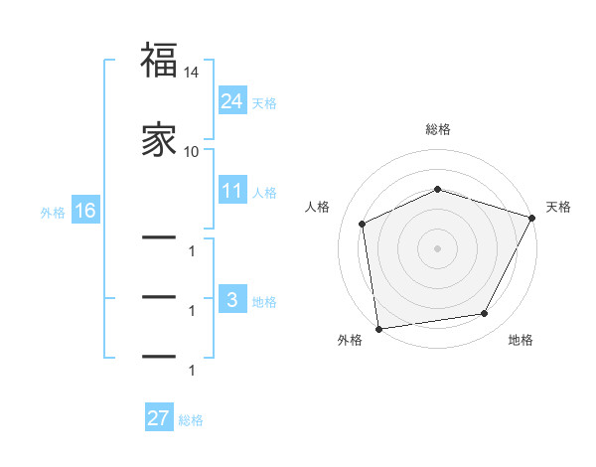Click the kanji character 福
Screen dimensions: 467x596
pyautogui.click(x=159, y=61)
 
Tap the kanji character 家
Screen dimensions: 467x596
pyautogui.click(x=159, y=139)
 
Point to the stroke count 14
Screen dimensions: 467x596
pyautogui.click(x=192, y=73)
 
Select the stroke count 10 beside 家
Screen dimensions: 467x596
pyautogui.click(x=192, y=151)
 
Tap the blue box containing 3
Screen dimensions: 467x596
pyautogui.click(x=232, y=299)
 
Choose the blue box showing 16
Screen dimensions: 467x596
pyautogui.click(x=85, y=211)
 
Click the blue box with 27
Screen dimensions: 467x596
pyautogui.click(x=159, y=418)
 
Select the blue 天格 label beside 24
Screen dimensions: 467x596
pyautogui.click(x=264, y=102)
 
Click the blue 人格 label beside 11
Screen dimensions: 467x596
pyautogui.click(x=264, y=193)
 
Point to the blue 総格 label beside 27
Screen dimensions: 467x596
pyautogui.click(x=191, y=420)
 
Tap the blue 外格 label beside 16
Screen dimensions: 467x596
pyautogui.click(x=53, y=213)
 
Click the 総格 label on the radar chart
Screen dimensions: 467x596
pyautogui.click(x=438, y=129)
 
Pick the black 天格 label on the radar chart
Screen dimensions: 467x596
pyautogui.click(x=559, y=207)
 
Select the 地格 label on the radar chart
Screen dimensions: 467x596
pyautogui.click(x=521, y=340)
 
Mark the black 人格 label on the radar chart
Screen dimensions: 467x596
pyautogui.click(x=318, y=207)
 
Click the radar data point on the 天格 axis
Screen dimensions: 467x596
pyautogui.click(x=532, y=218)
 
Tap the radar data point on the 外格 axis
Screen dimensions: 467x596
pyautogui.click(x=378, y=328)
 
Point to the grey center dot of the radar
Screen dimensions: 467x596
pyautogui.click(x=437, y=247)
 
